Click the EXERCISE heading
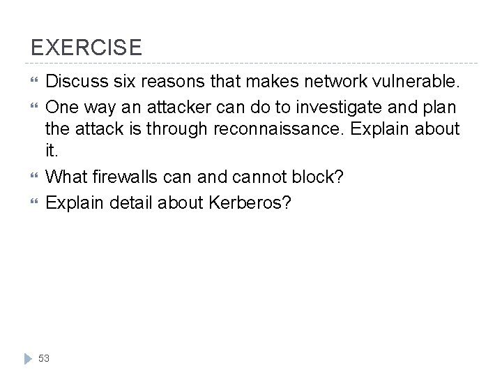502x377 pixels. (86, 47)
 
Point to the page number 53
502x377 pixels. (45, 357)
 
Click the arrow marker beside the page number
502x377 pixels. (27, 357)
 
